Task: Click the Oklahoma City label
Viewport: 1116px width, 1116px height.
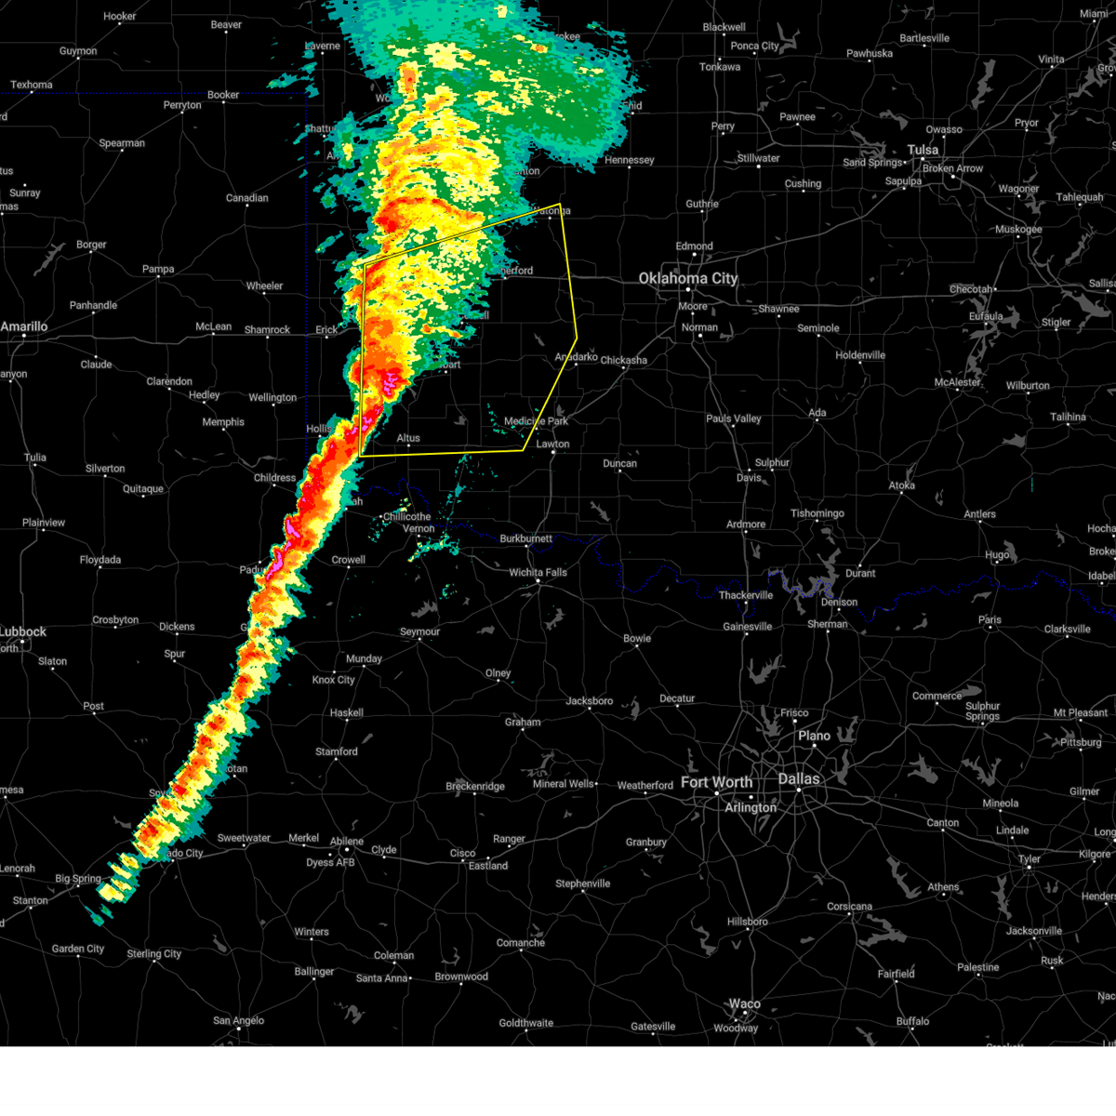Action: [x=687, y=278]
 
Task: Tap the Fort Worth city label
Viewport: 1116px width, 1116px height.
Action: [x=716, y=782]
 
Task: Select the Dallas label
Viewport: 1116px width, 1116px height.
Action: [x=799, y=779]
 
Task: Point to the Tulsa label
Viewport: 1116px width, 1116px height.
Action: [x=923, y=150]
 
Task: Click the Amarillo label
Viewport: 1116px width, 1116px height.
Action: [x=24, y=326]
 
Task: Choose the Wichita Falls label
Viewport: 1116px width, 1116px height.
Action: [x=538, y=573]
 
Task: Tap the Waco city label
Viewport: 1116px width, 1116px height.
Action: [x=744, y=1004]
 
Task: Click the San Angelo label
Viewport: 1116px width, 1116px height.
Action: [x=238, y=1021]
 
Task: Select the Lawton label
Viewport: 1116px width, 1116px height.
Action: [x=552, y=444]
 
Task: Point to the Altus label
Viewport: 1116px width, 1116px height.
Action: [x=408, y=438]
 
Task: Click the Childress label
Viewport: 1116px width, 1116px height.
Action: [x=274, y=478]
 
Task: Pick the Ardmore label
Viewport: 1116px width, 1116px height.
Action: [x=746, y=525]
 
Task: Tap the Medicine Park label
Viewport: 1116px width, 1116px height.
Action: [x=536, y=421]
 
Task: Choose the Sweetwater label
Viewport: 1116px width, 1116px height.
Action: [x=244, y=838]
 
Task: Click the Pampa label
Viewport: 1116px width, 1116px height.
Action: [x=158, y=270]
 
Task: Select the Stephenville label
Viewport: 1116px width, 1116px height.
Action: [x=582, y=883]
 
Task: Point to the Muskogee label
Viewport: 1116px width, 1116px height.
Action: [x=1018, y=230]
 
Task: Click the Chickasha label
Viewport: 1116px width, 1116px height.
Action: [x=623, y=361]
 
